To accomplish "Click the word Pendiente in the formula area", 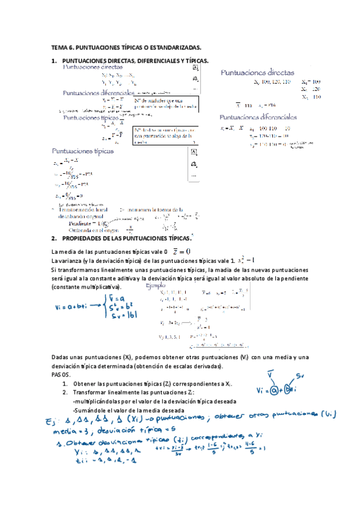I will [x=88, y=223].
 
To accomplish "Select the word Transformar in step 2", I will [x=90, y=392].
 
